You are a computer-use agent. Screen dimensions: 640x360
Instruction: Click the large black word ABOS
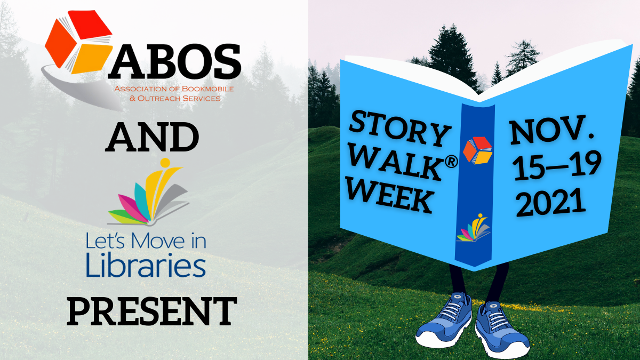pyautogui.click(x=174, y=61)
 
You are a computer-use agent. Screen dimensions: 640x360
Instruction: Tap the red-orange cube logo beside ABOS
pyautogui.click(x=78, y=42)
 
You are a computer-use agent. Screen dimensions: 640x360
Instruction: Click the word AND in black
pyautogui.click(x=152, y=137)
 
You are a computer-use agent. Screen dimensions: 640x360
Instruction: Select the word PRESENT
pyautogui.click(x=152, y=311)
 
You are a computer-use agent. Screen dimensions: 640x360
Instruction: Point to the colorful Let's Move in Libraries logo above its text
pyautogui.click(x=149, y=191)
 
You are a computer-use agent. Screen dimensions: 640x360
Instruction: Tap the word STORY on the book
pyautogui.click(x=399, y=129)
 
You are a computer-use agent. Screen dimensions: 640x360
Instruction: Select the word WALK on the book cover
pyautogui.click(x=396, y=162)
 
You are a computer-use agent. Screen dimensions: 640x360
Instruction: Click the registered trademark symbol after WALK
pyautogui.click(x=451, y=162)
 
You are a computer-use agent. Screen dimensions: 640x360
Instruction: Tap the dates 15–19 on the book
pyautogui.click(x=557, y=166)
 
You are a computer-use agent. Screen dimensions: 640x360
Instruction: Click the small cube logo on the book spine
pyautogui.click(x=478, y=150)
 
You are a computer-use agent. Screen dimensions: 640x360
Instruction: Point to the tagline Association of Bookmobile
pyautogui.click(x=174, y=89)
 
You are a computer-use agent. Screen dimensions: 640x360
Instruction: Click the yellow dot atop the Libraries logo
pyautogui.click(x=165, y=163)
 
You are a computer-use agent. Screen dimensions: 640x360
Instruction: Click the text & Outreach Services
pyautogui.click(x=175, y=99)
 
